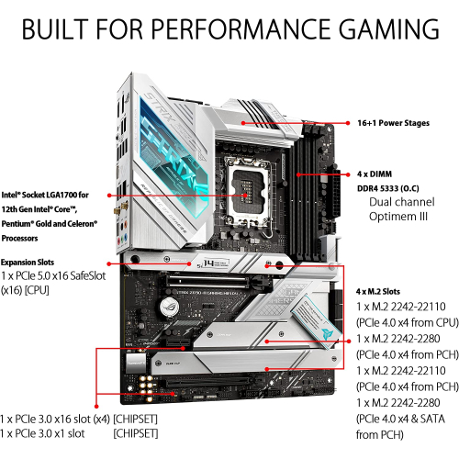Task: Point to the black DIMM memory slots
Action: click(308, 171)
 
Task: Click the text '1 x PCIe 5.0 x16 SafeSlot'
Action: click(57, 276)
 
